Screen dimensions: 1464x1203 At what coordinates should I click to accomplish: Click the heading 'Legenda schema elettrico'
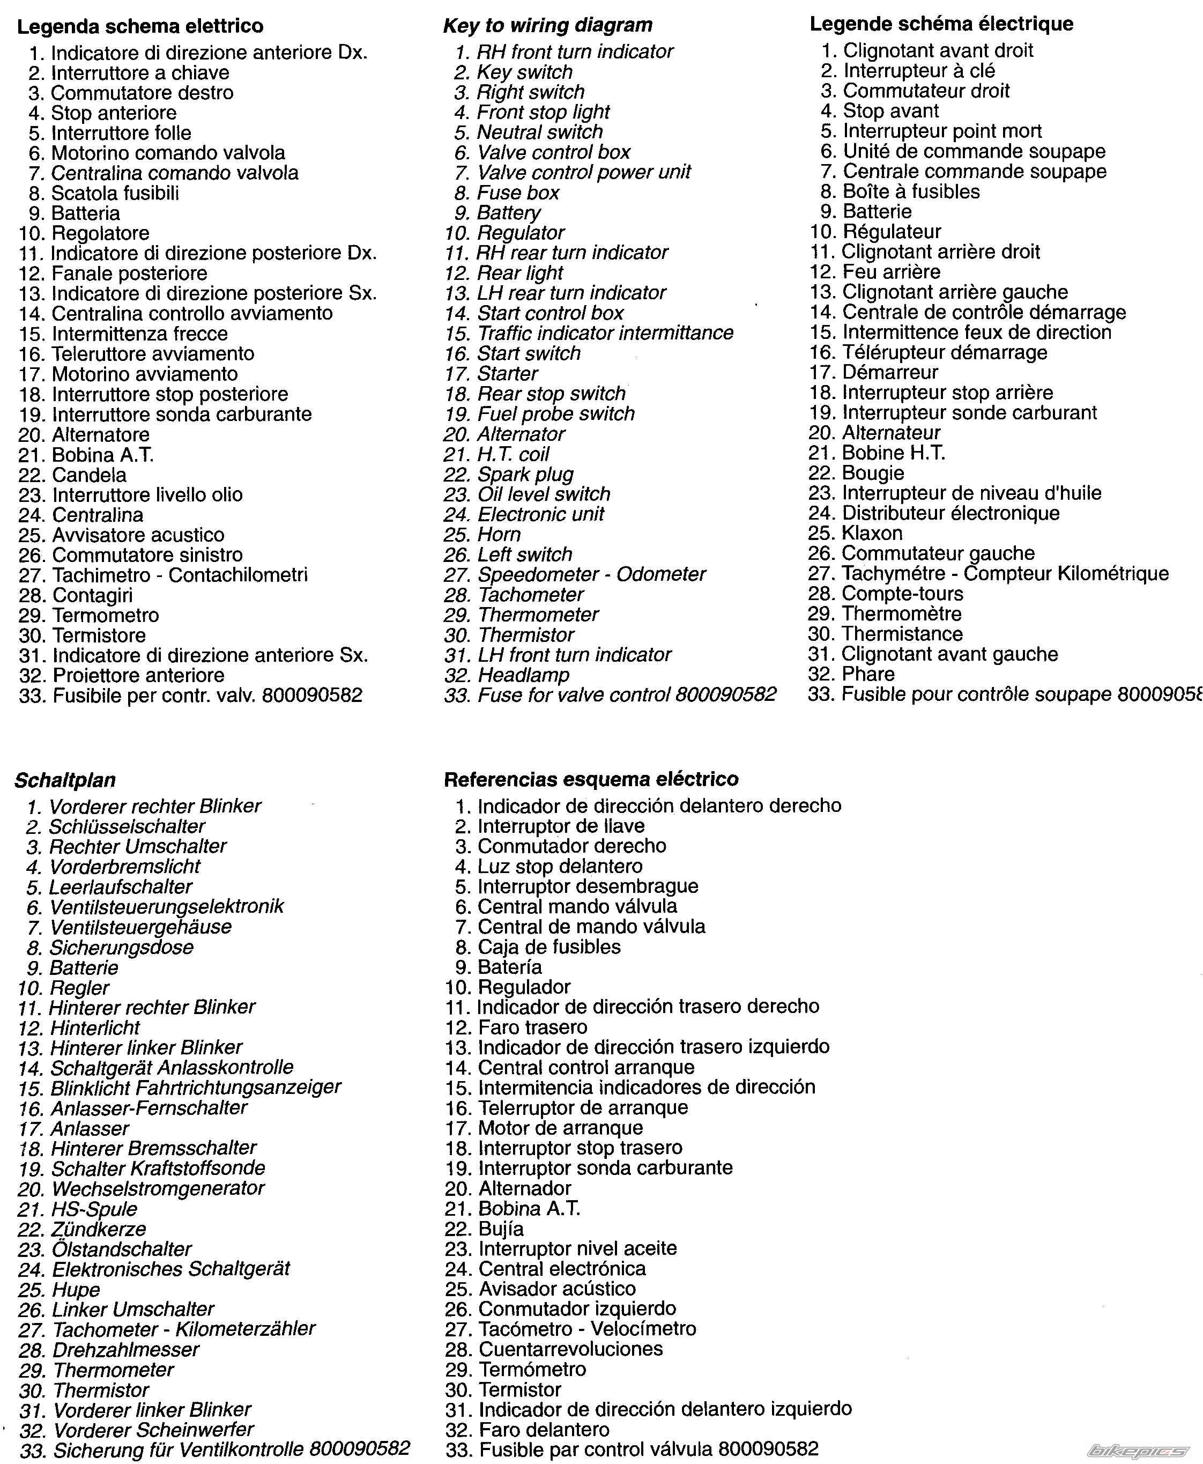140,26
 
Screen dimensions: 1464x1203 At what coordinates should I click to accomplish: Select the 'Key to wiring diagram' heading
547,25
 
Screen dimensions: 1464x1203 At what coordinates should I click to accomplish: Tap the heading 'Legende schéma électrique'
941,24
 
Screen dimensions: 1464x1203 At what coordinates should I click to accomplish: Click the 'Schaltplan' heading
65,780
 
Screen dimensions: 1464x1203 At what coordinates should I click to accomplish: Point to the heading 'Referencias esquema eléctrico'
591,779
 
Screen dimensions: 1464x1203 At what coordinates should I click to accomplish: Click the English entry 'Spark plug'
525,474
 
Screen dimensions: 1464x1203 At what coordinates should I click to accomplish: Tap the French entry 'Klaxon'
871,533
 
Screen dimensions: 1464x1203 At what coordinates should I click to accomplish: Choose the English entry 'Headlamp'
523,675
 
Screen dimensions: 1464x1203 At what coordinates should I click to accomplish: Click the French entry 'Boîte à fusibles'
911,191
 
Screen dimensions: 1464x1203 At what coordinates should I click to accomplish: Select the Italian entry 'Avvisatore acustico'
138,535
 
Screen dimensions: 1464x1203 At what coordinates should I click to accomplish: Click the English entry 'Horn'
498,535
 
